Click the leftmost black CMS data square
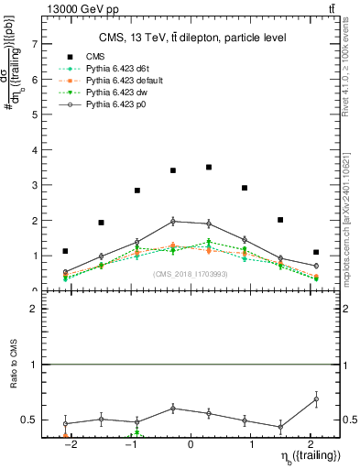pyautogui.click(x=65, y=251)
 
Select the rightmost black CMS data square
pyautogui.click(x=316, y=252)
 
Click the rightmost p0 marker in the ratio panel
pyautogui.click(x=316, y=398)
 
